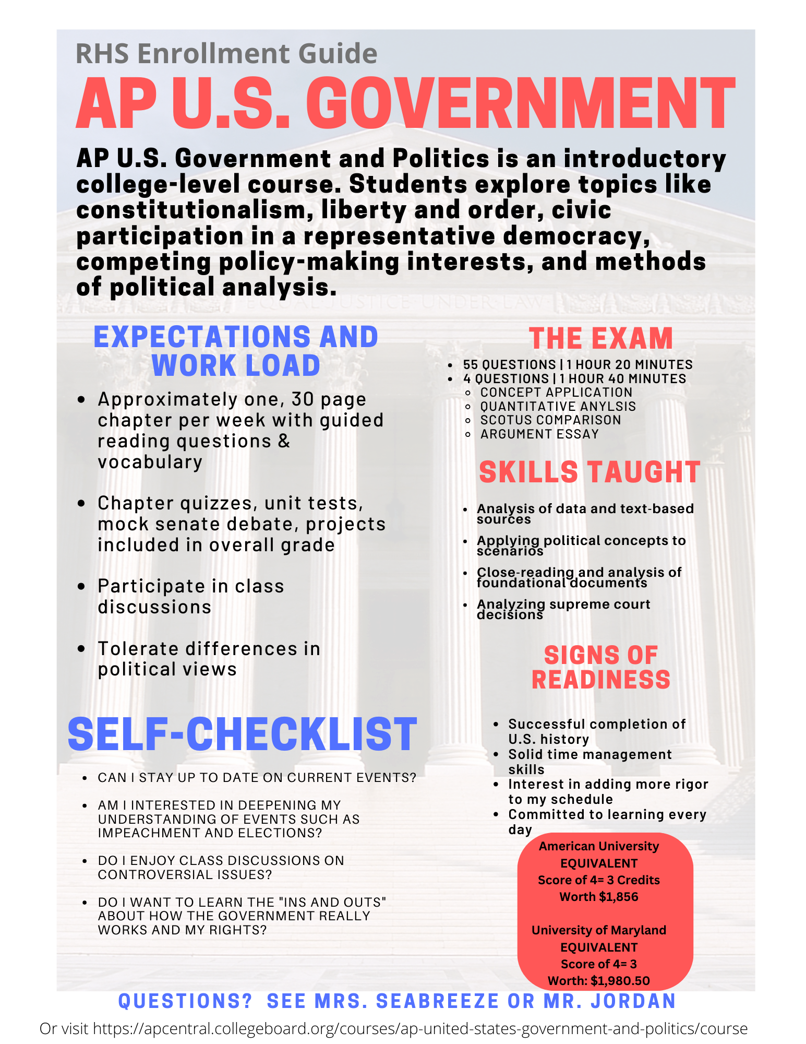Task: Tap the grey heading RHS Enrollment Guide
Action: point(226,54)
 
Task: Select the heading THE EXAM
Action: point(600,338)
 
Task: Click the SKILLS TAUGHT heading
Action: point(590,472)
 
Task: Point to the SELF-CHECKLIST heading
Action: point(243,734)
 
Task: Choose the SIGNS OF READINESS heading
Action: point(600,668)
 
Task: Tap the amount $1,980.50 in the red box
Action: point(620,981)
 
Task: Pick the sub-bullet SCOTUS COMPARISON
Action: point(550,420)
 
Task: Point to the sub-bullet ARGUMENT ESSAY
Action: point(539,434)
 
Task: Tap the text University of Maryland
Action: point(598,930)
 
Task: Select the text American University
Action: point(598,846)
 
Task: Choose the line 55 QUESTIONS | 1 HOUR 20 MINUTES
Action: point(578,364)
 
